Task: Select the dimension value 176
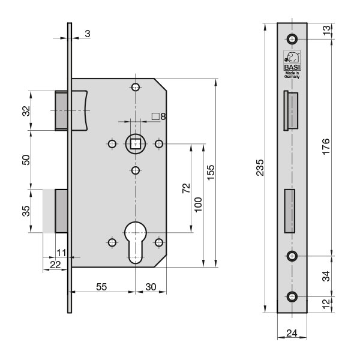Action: pyautogui.click(x=326, y=146)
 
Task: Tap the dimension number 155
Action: pyautogui.click(x=211, y=172)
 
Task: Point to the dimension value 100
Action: pyautogui.click(x=199, y=205)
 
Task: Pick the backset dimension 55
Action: pyautogui.click(x=102, y=287)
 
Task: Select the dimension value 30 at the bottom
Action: pyautogui.click(x=151, y=287)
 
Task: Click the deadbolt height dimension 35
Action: pyautogui.click(x=26, y=211)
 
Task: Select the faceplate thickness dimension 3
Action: pyautogui.click(x=88, y=34)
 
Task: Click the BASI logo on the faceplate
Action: pyautogui.click(x=292, y=60)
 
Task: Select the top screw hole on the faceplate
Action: pyautogui.click(x=292, y=40)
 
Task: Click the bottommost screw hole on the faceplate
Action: pyautogui.click(x=292, y=296)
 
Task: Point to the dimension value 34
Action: pyautogui.click(x=326, y=276)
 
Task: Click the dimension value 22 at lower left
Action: pyautogui.click(x=54, y=265)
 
